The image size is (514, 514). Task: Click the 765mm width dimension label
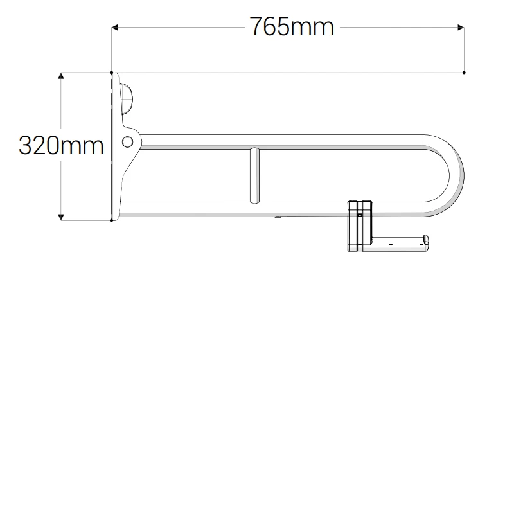coord(292,27)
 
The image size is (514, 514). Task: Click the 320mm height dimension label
coord(61,146)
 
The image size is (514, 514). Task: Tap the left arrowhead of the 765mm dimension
coord(116,27)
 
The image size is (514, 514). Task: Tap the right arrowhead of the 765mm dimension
coord(460,27)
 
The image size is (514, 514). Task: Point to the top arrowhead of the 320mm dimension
coord(61,76)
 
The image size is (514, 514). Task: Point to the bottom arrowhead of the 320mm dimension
coord(61,217)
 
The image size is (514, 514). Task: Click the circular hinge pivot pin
coord(128,141)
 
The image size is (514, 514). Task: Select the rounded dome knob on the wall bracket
coord(127,99)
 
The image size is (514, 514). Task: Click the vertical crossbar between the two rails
coord(255,175)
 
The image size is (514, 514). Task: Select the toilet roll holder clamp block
coord(359,226)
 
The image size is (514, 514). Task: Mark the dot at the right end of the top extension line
coord(464,72)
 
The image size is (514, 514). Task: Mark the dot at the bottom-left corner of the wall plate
coord(112,220)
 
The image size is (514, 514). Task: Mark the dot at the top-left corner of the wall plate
coord(112,73)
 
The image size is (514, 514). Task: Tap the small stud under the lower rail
coord(278,218)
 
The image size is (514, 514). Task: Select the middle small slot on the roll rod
coord(390,244)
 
